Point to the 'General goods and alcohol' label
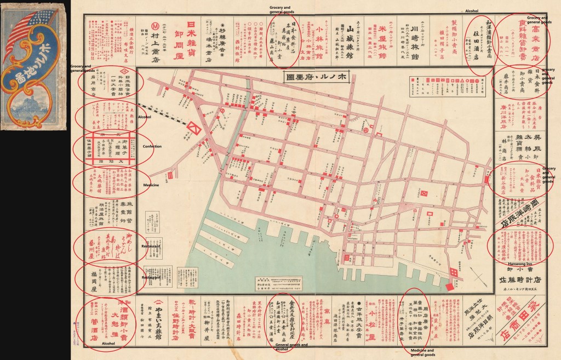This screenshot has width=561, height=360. click(x=289, y=347)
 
